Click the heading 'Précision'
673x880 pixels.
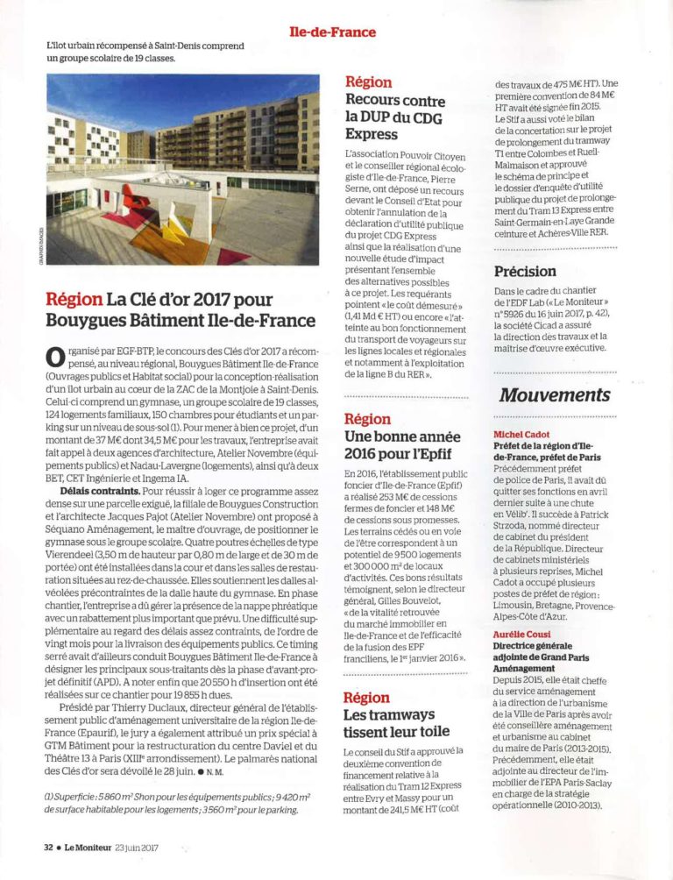(x=525, y=271)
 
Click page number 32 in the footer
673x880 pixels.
(x=49, y=847)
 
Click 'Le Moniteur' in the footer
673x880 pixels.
(x=96, y=847)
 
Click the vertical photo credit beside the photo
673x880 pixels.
(x=39, y=248)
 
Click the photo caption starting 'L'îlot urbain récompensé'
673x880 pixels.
(x=145, y=52)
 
